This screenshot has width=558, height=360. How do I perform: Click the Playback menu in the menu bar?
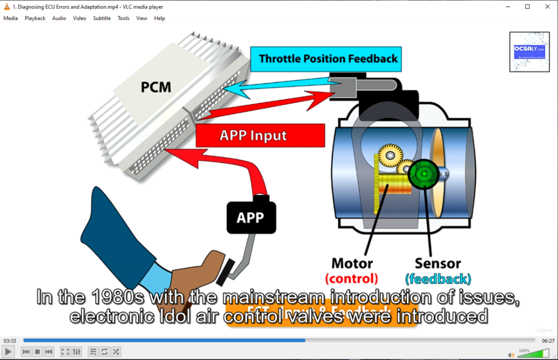[35, 18]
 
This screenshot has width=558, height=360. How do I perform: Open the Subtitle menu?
[102, 18]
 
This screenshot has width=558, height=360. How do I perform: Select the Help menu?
[160, 18]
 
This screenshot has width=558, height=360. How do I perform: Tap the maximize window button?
[527, 7]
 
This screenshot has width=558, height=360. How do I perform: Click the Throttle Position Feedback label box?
[328, 59]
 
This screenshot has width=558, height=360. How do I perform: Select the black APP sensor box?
[251, 217]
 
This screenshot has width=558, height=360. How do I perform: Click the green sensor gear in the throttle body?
[425, 175]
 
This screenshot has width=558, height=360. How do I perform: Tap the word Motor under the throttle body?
[352, 263]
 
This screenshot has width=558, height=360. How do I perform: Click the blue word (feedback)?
[438, 279]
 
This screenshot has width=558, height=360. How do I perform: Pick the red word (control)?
[352, 279]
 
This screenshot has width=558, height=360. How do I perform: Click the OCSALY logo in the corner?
[529, 51]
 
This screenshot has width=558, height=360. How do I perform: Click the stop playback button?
[37, 352]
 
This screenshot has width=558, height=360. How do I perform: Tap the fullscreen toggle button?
[65, 352]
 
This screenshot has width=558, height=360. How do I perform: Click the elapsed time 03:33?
[9, 340]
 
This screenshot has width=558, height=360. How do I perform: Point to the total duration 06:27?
[548, 340]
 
